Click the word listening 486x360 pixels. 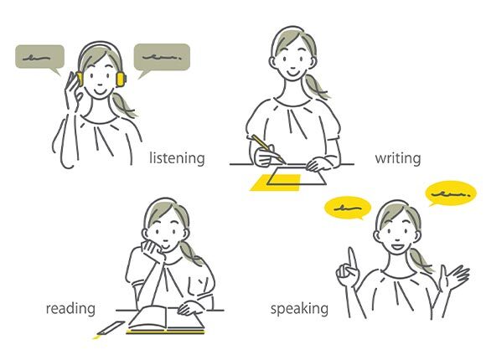pos(177,158)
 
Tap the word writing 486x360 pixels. pos(398,158)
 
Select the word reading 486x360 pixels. pos(70,309)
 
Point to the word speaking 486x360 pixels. pos(299,309)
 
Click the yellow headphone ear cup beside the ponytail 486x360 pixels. pos(121,79)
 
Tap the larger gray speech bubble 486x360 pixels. pos(162,59)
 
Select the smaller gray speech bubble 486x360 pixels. pos(40,59)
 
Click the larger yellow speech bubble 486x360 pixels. pos(451,193)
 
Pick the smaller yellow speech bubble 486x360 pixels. pos(348,208)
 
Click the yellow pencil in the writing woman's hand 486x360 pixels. pos(268,149)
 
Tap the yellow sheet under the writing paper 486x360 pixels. pos(275,183)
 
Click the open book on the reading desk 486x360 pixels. pos(166,319)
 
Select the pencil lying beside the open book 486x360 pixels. pos(110,328)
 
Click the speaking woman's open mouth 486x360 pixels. pos(397,248)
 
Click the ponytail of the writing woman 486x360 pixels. pos(314,87)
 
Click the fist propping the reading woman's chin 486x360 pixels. pos(153,249)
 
